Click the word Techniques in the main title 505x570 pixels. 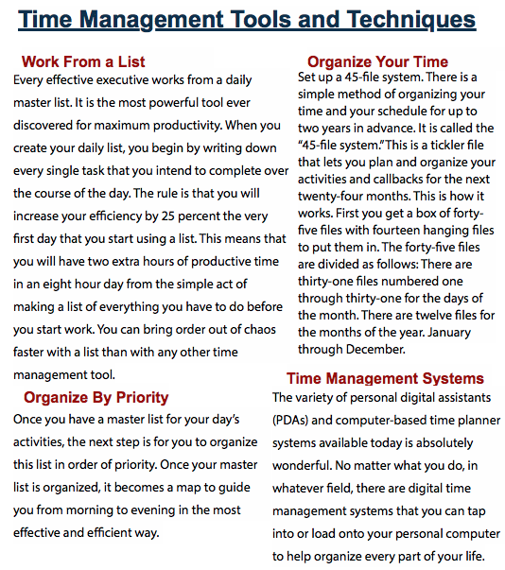pyautogui.click(x=395, y=18)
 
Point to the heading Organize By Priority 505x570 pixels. pyautogui.click(x=96, y=397)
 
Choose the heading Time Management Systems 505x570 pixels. pyautogui.click(x=385, y=378)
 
